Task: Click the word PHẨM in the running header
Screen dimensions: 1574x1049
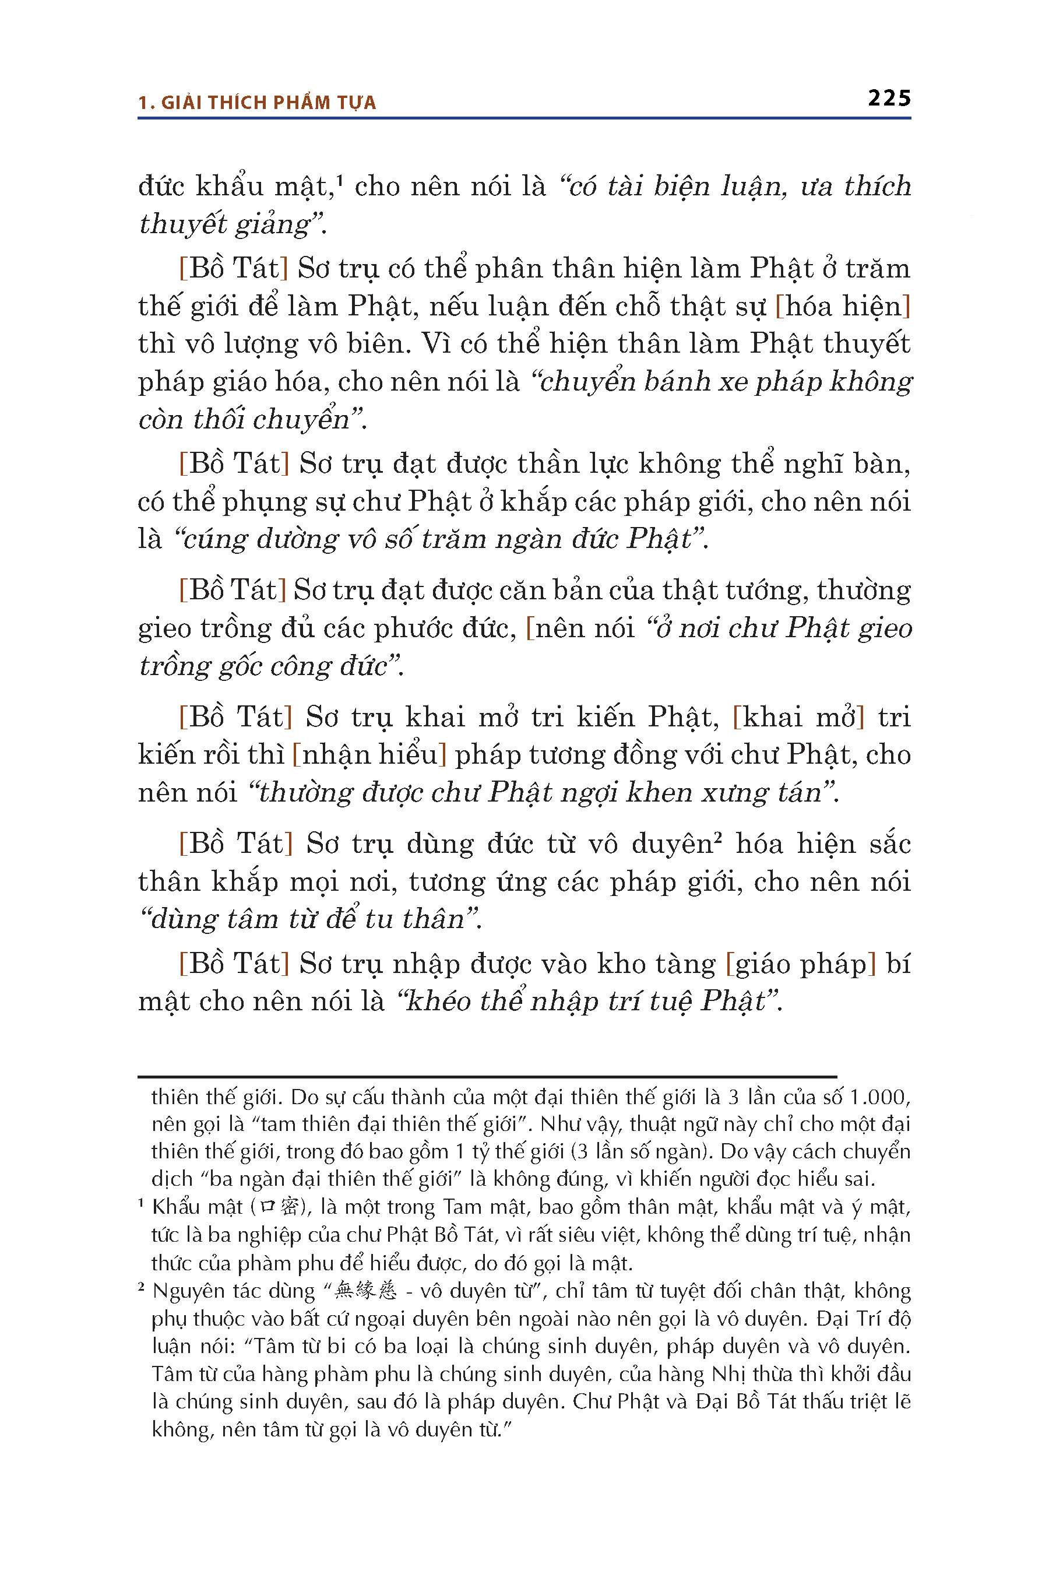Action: [302, 103]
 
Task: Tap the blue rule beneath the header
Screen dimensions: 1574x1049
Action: [524, 118]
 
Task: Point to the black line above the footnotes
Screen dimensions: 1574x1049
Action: [487, 1077]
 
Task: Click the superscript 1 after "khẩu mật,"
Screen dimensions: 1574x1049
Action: [340, 180]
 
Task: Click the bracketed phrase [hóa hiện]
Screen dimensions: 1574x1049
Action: [842, 307]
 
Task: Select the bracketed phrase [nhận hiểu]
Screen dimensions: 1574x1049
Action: [369, 755]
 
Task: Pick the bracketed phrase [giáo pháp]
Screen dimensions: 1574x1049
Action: [801, 964]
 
